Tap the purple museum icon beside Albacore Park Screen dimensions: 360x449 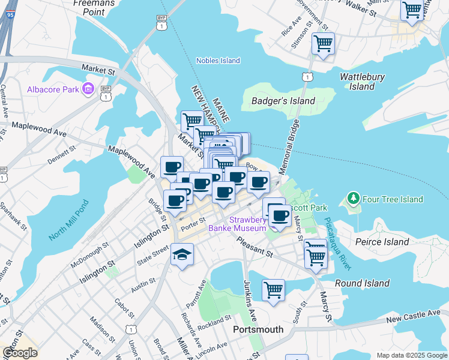(88, 89)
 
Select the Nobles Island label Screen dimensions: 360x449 (218, 61)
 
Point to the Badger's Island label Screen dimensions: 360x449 (283, 101)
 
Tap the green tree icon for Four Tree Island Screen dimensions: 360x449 (354, 199)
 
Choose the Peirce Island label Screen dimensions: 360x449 (382, 242)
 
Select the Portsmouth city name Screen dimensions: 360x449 (258, 330)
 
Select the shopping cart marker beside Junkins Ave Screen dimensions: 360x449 (273, 290)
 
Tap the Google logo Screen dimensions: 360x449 (20, 353)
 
